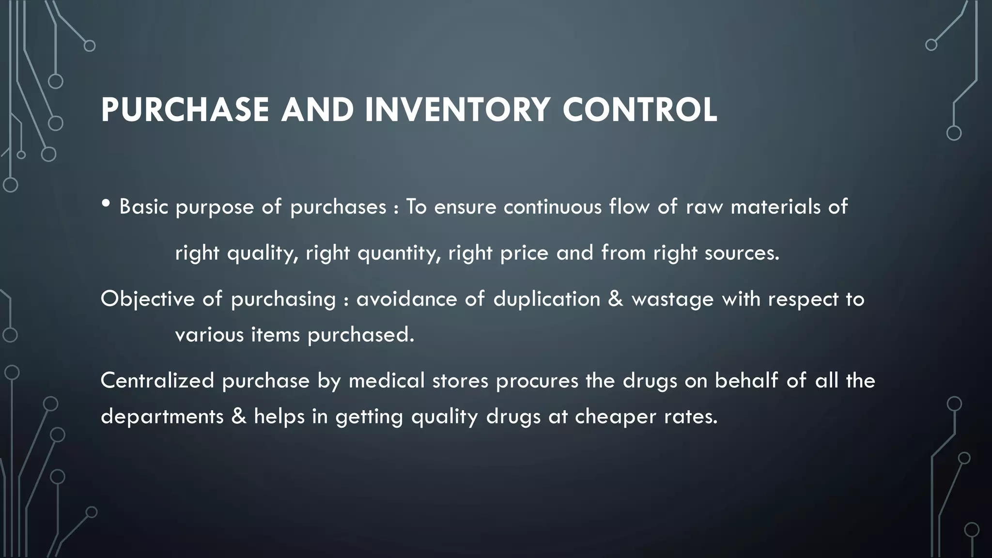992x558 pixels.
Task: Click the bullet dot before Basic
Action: coord(106,204)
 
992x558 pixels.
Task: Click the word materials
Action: coord(775,207)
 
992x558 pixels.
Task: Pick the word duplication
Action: coord(546,299)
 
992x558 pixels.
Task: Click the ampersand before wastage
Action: coord(615,298)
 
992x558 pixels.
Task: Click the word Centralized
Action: coord(157,380)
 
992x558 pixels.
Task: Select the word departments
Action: coord(162,417)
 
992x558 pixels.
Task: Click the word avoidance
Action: coord(406,299)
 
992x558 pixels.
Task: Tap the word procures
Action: coord(537,381)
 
